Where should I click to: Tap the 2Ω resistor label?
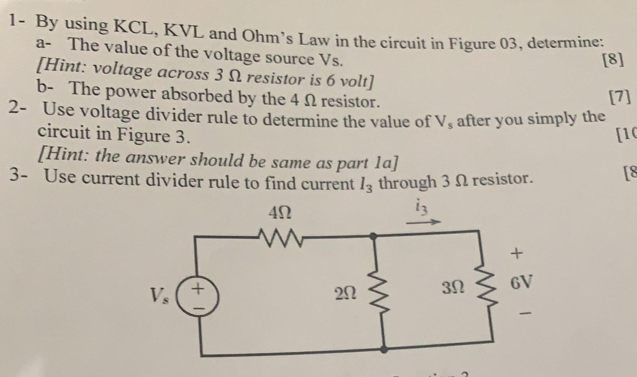point(346,295)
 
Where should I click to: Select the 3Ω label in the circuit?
point(453,287)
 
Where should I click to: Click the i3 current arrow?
point(423,222)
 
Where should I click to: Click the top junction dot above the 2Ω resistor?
point(373,236)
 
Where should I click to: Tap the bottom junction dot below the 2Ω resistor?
point(383,350)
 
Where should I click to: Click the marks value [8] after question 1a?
point(614,60)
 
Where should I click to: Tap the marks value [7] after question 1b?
point(619,97)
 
